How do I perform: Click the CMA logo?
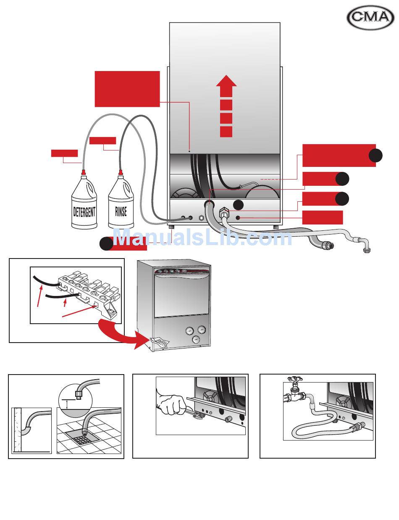pos(370,18)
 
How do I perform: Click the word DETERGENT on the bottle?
pos(84,211)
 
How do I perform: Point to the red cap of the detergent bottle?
pos(84,172)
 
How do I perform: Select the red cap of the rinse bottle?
pos(121,172)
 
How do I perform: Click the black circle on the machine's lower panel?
pos(238,205)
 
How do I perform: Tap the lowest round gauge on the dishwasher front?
pos(196,340)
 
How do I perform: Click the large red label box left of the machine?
pos(127,89)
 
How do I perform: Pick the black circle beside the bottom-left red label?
pos(106,244)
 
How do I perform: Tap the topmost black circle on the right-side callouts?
pos(375,156)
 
